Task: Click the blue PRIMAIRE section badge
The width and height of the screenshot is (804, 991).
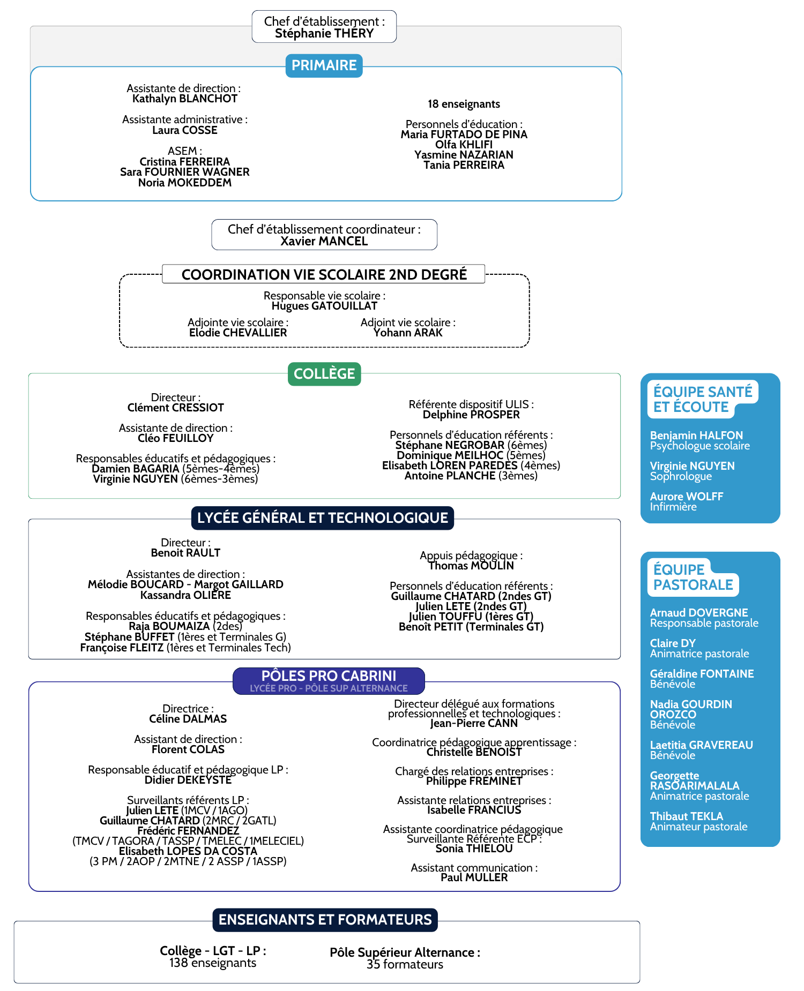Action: pos(324,65)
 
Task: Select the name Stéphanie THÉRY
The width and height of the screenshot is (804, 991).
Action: pos(324,34)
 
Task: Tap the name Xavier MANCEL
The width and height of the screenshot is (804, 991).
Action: pos(324,241)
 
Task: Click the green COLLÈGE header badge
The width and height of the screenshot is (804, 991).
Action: pos(324,374)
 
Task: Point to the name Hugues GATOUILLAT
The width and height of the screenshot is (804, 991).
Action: pos(324,306)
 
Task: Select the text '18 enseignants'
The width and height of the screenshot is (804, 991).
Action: pos(464,104)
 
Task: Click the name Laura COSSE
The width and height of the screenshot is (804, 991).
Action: pos(185,130)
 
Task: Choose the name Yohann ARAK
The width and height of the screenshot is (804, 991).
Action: pos(408,333)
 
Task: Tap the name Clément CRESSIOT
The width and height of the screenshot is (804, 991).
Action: pos(176,408)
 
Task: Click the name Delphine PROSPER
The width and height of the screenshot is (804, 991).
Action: pos(471,415)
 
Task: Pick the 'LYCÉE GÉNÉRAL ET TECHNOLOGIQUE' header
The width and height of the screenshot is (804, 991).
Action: pos(323,518)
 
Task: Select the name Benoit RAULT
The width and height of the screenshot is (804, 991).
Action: pos(185,553)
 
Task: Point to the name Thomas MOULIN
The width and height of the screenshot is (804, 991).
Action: pos(471,566)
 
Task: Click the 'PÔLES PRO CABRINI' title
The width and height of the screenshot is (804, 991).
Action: pos(329,675)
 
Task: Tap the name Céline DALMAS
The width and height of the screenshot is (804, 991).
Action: pos(188,719)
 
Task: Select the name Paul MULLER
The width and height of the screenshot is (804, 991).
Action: pos(474,877)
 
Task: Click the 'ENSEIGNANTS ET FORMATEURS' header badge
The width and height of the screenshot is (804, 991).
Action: pos(325,920)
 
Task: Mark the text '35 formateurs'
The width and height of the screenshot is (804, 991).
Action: pos(405,965)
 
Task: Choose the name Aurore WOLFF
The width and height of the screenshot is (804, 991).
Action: pos(687,497)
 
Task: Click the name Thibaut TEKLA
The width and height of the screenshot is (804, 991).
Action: pos(687,816)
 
